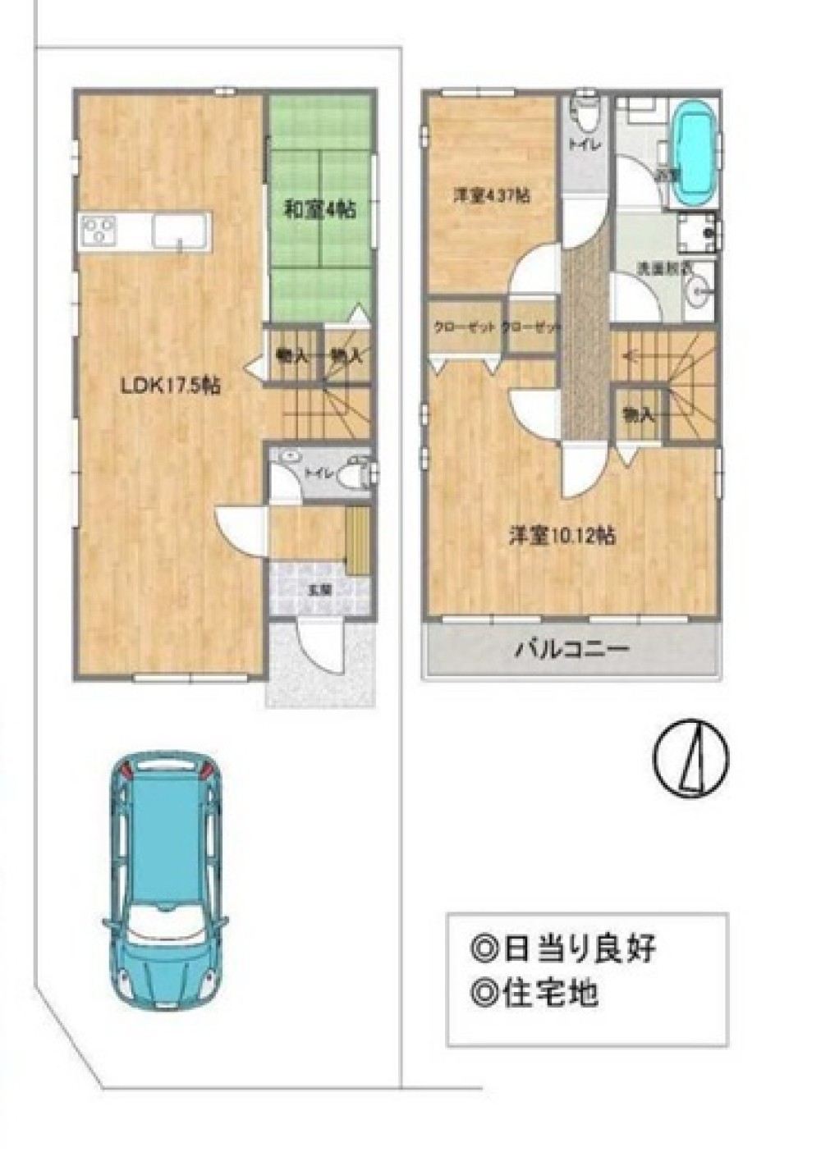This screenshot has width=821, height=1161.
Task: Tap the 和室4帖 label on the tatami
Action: pyautogui.click(x=319, y=210)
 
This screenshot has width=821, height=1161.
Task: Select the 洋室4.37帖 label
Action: pyautogui.click(x=492, y=196)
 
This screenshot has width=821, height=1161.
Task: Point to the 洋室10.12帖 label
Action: pyautogui.click(x=562, y=536)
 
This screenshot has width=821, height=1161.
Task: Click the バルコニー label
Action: pyautogui.click(x=571, y=651)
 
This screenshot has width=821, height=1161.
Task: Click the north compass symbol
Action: pyautogui.click(x=691, y=759)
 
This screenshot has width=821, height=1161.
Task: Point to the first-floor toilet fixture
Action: pyautogui.click(x=355, y=473)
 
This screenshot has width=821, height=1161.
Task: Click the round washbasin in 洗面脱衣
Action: pyautogui.click(x=699, y=291)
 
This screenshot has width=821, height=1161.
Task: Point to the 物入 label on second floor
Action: pyautogui.click(x=638, y=415)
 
